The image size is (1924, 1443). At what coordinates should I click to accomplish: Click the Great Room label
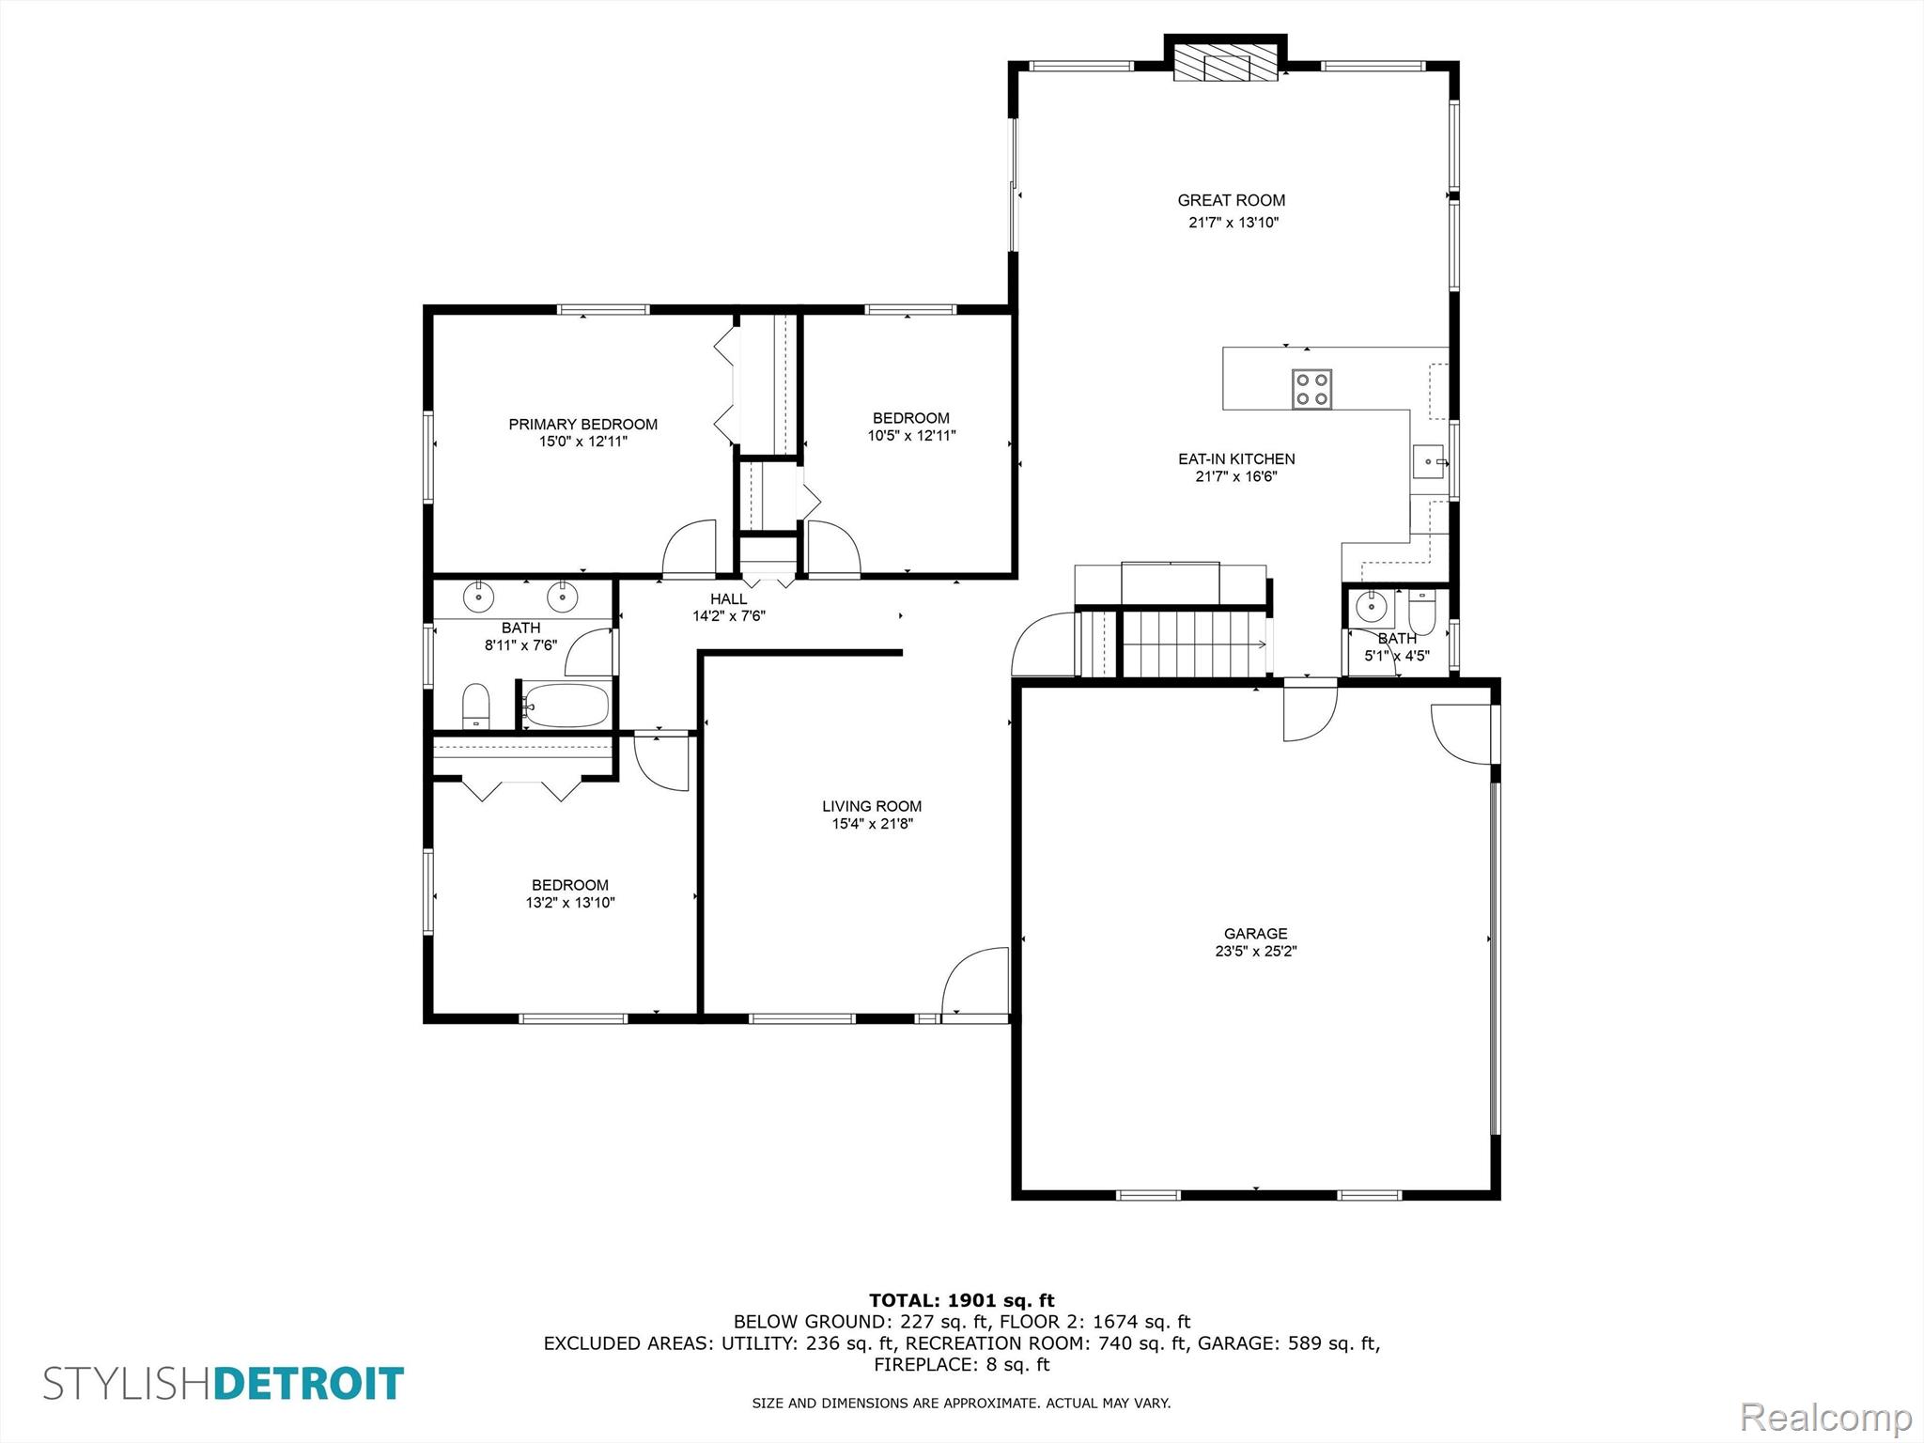point(1232,200)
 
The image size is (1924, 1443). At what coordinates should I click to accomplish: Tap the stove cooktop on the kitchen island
point(1311,389)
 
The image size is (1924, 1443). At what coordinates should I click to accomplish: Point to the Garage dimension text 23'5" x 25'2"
point(1256,951)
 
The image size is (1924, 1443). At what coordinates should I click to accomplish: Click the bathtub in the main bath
point(566,705)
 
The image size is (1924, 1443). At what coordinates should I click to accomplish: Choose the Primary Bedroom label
point(582,425)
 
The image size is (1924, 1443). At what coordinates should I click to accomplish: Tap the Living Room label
point(872,806)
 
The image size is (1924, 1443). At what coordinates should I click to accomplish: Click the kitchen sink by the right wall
point(1430,462)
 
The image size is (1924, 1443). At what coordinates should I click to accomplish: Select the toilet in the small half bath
point(1420,611)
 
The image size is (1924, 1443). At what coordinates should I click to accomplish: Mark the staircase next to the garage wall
point(1193,644)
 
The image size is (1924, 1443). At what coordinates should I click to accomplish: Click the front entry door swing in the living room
point(975,981)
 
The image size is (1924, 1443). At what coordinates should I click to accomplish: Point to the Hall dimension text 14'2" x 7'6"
point(729,616)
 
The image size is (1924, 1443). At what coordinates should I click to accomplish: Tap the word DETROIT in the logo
point(309,1384)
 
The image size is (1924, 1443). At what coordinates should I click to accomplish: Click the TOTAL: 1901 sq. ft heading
point(962,1300)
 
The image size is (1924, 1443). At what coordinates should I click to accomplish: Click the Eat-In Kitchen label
point(1236,459)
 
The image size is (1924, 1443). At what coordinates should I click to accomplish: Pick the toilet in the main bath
point(476,706)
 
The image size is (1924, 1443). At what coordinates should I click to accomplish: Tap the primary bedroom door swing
point(690,547)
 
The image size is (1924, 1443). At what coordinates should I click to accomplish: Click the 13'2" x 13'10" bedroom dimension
point(570,903)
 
